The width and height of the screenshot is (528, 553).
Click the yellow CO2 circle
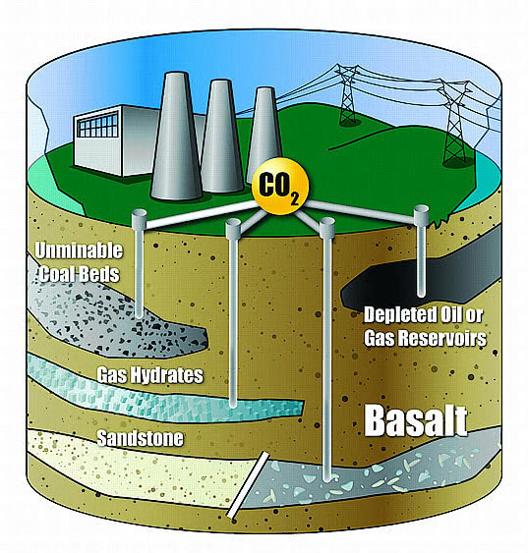click(x=280, y=186)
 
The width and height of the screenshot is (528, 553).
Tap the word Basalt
click(x=416, y=420)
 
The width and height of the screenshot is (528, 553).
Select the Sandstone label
click(x=141, y=438)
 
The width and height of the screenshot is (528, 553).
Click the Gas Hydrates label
click(x=150, y=374)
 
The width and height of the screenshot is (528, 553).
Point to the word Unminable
click(x=79, y=250)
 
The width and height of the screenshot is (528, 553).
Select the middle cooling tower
click(x=221, y=136)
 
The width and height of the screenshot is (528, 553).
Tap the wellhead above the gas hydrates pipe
click(x=233, y=228)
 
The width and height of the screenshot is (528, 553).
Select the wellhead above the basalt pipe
click(x=326, y=227)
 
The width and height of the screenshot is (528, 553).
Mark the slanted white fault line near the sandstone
click(x=248, y=485)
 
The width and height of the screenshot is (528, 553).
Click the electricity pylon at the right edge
click(x=455, y=123)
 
